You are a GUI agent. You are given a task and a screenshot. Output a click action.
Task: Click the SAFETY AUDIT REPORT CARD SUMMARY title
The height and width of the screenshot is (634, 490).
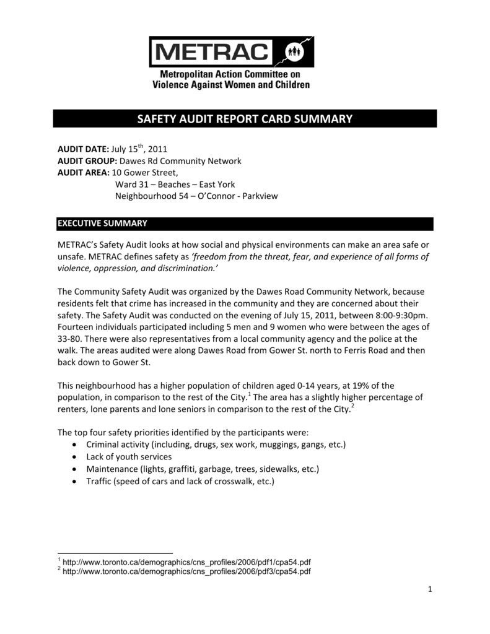coord(245,119)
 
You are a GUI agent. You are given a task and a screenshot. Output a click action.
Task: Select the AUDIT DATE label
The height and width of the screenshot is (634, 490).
coord(83,149)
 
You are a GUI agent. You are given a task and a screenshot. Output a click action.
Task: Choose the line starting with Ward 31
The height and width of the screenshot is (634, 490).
coord(175,185)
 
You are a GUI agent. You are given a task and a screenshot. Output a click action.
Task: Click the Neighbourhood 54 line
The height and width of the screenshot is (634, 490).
coord(197,196)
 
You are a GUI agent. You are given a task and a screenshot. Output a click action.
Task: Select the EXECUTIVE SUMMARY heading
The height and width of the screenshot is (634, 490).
coord(102,223)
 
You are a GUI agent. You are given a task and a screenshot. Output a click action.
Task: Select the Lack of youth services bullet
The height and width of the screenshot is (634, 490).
coord(129,457)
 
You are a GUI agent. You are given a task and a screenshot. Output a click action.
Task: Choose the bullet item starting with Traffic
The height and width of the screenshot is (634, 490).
coord(180,480)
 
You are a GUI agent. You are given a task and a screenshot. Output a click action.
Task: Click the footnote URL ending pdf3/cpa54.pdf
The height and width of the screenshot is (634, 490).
coord(186,571)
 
